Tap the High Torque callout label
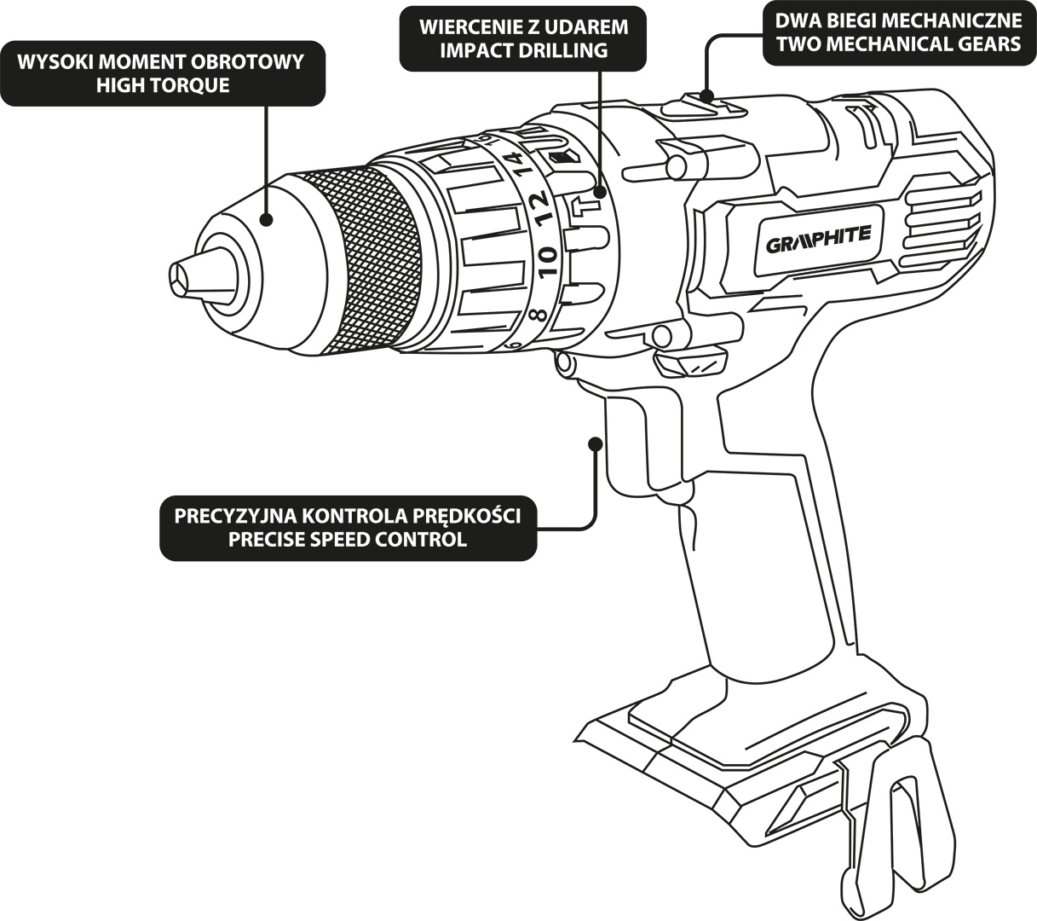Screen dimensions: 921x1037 [162, 74]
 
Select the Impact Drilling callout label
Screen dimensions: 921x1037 [522, 38]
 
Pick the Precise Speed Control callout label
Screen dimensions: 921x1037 [348, 528]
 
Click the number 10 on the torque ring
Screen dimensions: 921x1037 [546, 258]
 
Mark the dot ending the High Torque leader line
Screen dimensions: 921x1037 [267, 219]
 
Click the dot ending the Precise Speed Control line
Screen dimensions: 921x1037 [596, 443]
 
